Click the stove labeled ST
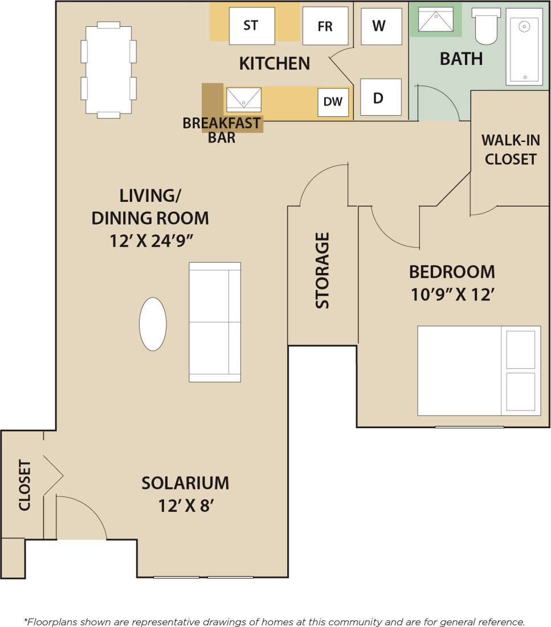(251, 26)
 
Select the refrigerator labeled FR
(325, 26)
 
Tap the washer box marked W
(381, 26)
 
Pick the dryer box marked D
(381, 97)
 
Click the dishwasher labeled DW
(333, 102)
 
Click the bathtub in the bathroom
(524, 46)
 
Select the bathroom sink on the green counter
(435, 19)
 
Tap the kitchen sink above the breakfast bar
(243, 99)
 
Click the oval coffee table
(153, 324)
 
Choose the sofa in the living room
(215, 322)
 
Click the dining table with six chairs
(108, 70)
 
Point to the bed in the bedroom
(479, 370)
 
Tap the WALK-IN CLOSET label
(511, 149)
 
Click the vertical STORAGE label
(323, 271)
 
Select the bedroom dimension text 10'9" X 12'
(451, 295)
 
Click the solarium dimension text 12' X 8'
(185, 506)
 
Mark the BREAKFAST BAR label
(222, 130)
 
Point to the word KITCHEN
(275, 63)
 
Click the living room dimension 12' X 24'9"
(150, 241)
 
